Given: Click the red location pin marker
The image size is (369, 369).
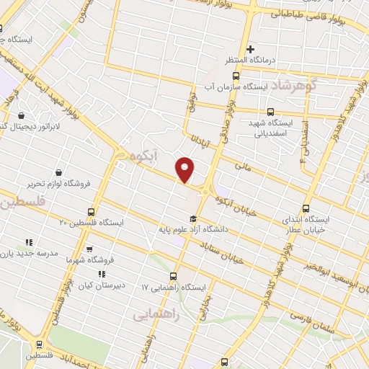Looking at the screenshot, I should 185,169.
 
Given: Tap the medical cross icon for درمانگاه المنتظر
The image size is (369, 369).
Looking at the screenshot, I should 251,50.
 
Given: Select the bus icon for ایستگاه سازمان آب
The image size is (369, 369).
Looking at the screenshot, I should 236,75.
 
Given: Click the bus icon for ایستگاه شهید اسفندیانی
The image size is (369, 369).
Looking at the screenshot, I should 270,112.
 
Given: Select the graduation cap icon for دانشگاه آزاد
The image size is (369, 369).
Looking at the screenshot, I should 192,219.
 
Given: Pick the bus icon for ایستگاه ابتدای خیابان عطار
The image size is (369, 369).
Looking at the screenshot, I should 306,208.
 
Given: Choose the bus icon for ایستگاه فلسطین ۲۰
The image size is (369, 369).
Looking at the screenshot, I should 91,212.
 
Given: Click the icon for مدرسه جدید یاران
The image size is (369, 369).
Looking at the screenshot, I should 29,243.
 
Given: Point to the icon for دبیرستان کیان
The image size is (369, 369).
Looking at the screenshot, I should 102,274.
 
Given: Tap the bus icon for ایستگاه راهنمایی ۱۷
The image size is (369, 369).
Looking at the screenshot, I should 173,276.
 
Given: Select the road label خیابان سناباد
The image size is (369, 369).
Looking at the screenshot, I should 240,249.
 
